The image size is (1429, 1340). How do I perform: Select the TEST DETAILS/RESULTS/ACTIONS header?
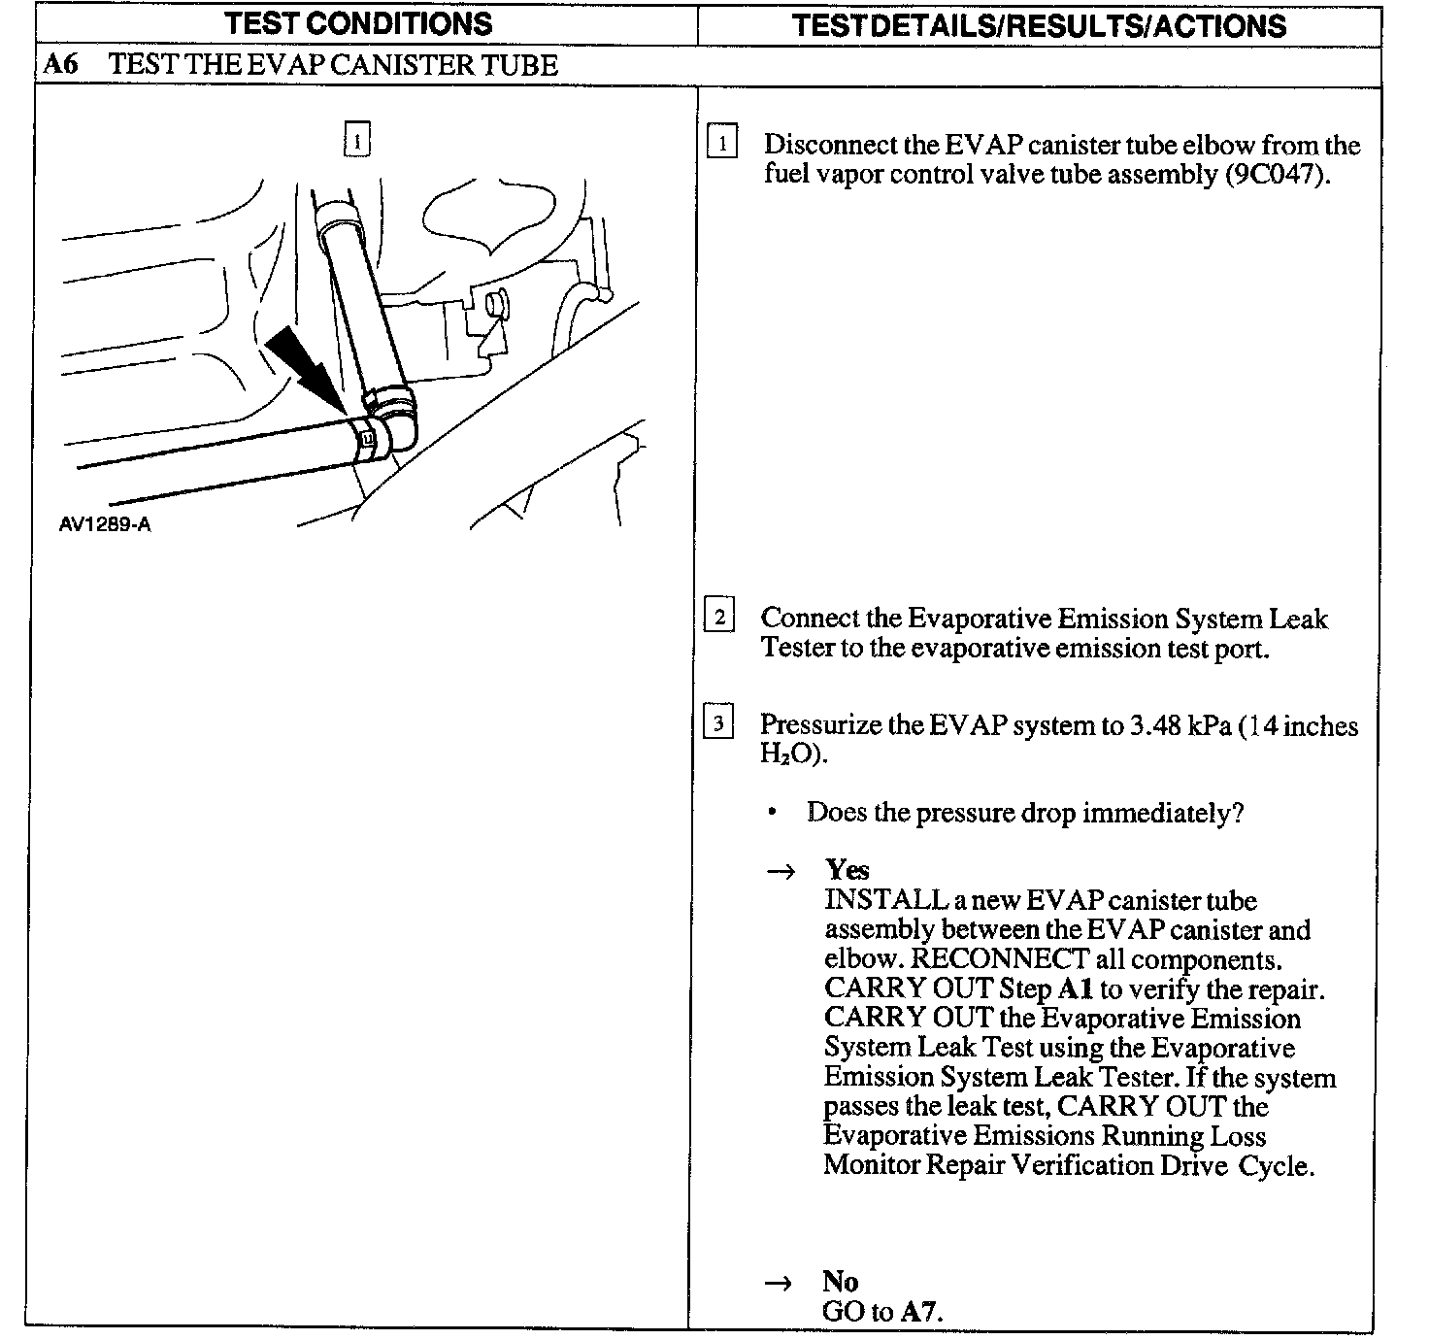pyautogui.click(x=1039, y=25)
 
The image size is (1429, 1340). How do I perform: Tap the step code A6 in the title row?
pyautogui.click(x=60, y=66)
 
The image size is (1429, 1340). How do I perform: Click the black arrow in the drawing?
pyautogui.click(x=303, y=369)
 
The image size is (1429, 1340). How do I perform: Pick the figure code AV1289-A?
pyautogui.click(x=105, y=525)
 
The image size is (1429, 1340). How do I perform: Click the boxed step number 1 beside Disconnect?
pyautogui.click(x=722, y=144)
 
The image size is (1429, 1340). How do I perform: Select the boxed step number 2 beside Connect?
pyautogui.click(x=719, y=617)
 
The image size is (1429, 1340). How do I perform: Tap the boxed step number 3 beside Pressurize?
pyautogui.click(x=718, y=723)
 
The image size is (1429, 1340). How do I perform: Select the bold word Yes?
pyautogui.click(x=847, y=869)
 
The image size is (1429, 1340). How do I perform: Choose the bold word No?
pyautogui.click(x=841, y=1282)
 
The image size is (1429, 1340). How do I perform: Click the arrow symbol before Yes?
pyautogui.click(x=781, y=871)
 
